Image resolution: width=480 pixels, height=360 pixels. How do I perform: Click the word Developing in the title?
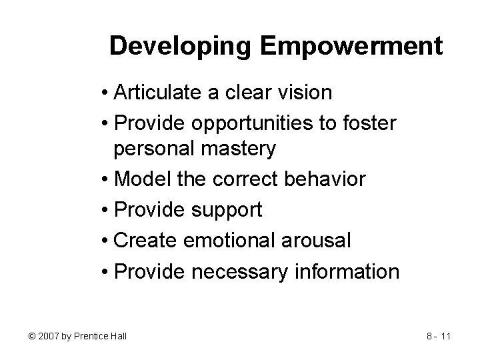[x=181, y=46]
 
